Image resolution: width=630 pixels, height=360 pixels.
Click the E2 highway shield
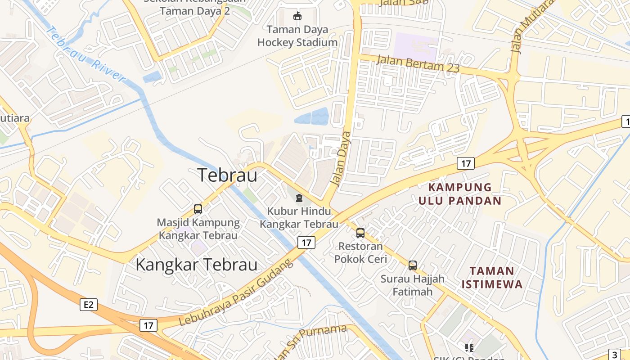click(x=89, y=305)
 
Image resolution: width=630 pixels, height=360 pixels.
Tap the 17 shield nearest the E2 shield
click(x=148, y=325)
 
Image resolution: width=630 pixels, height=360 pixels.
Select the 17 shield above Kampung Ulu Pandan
click(x=466, y=163)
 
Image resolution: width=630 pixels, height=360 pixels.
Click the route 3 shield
click(x=616, y=355)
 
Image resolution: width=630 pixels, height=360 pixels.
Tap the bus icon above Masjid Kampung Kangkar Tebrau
click(x=198, y=209)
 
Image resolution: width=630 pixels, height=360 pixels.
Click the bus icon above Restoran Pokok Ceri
click(x=360, y=233)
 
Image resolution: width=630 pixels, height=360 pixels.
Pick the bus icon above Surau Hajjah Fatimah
click(x=413, y=265)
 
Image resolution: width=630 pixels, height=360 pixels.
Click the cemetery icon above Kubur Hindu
click(x=299, y=198)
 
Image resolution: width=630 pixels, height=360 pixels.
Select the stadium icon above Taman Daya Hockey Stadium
click(x=297, y=17)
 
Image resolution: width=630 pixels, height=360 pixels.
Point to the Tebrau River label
click(x=85, y=54)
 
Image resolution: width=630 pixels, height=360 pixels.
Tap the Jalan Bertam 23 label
click(x=418, y=63)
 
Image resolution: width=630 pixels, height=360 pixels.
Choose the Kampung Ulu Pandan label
click(x=460, y=194)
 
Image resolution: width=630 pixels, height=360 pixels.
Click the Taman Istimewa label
click(x=492, y=278)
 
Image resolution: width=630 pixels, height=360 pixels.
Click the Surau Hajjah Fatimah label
click(x=413, y=285)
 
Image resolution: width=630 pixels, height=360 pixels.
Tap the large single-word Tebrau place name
click(x=228, y=175)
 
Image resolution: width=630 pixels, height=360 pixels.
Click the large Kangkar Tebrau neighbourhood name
click(x=197, y=265)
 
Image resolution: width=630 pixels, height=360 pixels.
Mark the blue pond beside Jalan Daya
click(x=312, y=117)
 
